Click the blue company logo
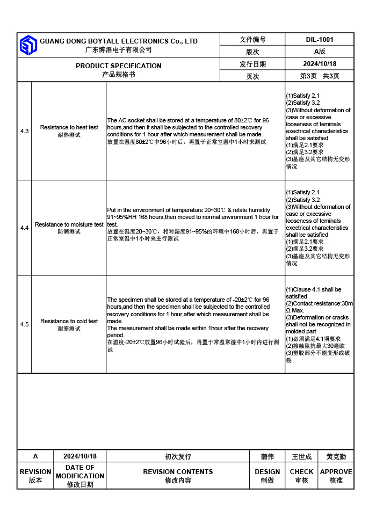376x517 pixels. pyautogui.click(x=28, y=45)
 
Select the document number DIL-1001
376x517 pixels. pyautogui.click(x=320, y=40)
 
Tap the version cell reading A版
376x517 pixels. pyautogui.click(x=320, y=52)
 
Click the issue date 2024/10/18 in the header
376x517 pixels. pyautogui.click(x=320, y=64)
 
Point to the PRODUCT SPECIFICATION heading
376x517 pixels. pyautogui.click(x=118, y=66)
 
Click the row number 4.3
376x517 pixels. pyautogui.click(x=25, y=131)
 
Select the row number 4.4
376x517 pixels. pyautogui.click(x=25, y=228)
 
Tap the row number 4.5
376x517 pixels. pyautogui.click(x=25, y=324)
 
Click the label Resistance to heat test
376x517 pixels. pyautogui.click(x=69, y=128)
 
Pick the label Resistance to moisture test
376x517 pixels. pyautogui.click(x=69, y=224)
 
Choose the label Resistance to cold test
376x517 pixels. pyautogui.click(x=69, y=321)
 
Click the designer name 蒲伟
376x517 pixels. pyautogui.click(x=267, y=456)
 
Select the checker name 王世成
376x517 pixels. pyautogui.click(x=301, y=456)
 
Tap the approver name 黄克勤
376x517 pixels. pyautogui.click(x=336, y=456)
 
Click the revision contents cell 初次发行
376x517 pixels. pyautogui.click(x=178, y=456)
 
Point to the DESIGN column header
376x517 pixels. pyautogui.click(x=267, y=472)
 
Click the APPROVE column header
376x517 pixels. pyautogui.click(x=336, y=472)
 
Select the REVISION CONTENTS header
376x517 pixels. pyautogui.click(x=178, y=472)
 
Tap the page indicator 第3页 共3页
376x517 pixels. pyautogui.click(x=320, y=76)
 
